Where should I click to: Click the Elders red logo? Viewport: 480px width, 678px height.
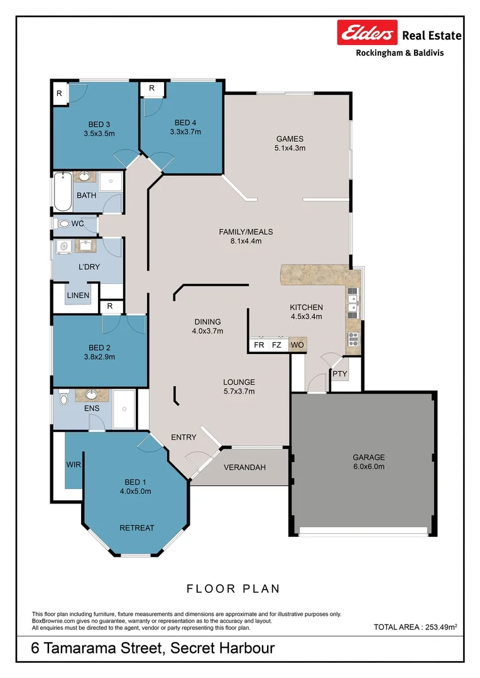(367, 33)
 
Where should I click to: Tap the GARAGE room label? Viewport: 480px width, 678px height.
(368, 457)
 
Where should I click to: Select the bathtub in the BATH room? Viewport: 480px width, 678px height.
(63, 191)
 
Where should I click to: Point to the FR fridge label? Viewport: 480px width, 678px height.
(259, 345)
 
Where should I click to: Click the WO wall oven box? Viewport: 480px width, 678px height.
(297, 345)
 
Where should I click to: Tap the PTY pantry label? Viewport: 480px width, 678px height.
(340, 374)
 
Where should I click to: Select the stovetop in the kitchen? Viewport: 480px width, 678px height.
(354, 338)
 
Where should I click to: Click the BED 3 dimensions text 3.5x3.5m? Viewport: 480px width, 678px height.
(99, 134)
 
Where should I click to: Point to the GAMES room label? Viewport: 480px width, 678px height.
(290, 139)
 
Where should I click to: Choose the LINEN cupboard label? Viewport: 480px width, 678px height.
(78, 295)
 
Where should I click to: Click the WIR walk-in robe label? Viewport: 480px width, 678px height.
(74, 465)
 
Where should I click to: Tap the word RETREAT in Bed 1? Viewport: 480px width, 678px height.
(137, 528)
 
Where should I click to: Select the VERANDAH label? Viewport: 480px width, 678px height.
(244, 468)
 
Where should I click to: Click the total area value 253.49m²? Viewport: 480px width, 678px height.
(441, 627)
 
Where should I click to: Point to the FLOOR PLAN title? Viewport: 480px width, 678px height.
(233, 588)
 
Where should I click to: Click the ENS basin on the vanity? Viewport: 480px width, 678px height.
(92, 395)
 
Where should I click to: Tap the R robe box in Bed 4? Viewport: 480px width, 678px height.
(152, 89)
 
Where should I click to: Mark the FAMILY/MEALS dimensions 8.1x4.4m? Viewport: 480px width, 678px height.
(246, 241)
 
